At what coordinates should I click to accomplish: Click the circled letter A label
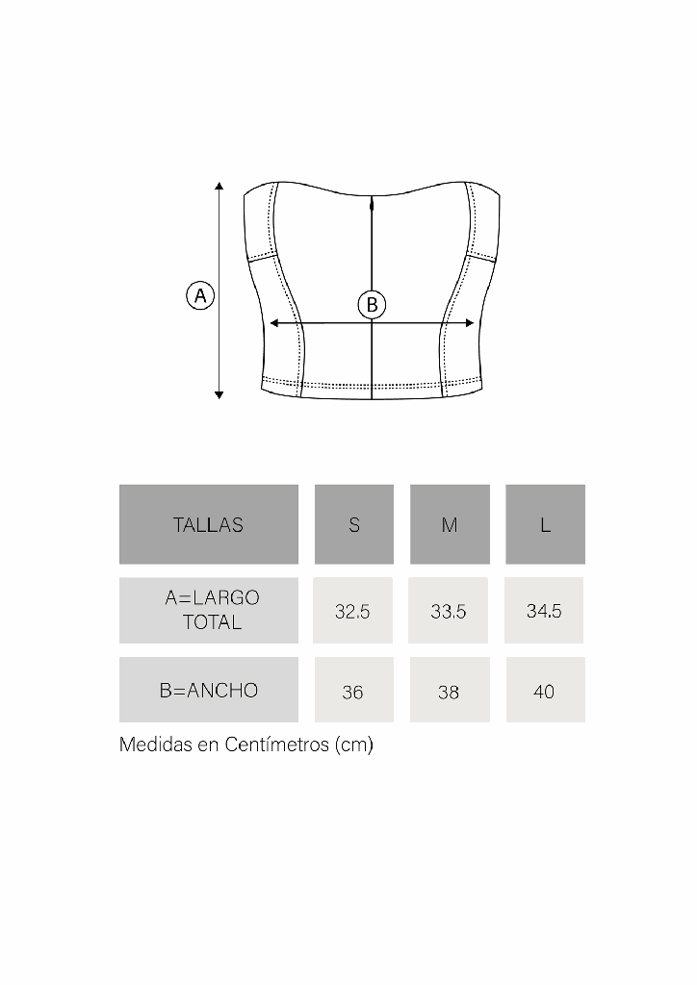[x=200, y=295]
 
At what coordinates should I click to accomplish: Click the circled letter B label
[x=372, y=305]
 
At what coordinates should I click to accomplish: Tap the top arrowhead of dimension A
[x=219, y=186]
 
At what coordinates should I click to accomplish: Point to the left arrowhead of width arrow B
[x=274, y=323]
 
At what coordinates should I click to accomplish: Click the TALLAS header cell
[x=208, y=524]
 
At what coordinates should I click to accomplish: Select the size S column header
[x=354, y=524]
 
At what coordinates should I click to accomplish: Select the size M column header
[x=450, y=524]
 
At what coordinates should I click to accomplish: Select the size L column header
[x=545, y=524]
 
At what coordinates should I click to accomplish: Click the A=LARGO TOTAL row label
[x=209, y=610]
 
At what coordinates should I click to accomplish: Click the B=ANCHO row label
[x=209, y=690]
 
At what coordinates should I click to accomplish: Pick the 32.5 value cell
[x=352, y=611]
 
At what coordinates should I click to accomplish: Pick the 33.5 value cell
[x=449, y=611]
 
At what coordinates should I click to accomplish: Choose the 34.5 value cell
[x=544, y=611]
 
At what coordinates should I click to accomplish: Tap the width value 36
[x=353, y=692]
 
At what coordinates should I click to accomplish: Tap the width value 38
[x=449, y=692]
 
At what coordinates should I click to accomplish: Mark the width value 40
[x=544, y=692]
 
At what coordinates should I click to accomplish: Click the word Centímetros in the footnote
[x=277, y=745]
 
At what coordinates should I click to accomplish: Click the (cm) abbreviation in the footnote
[x=353, y=745]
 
